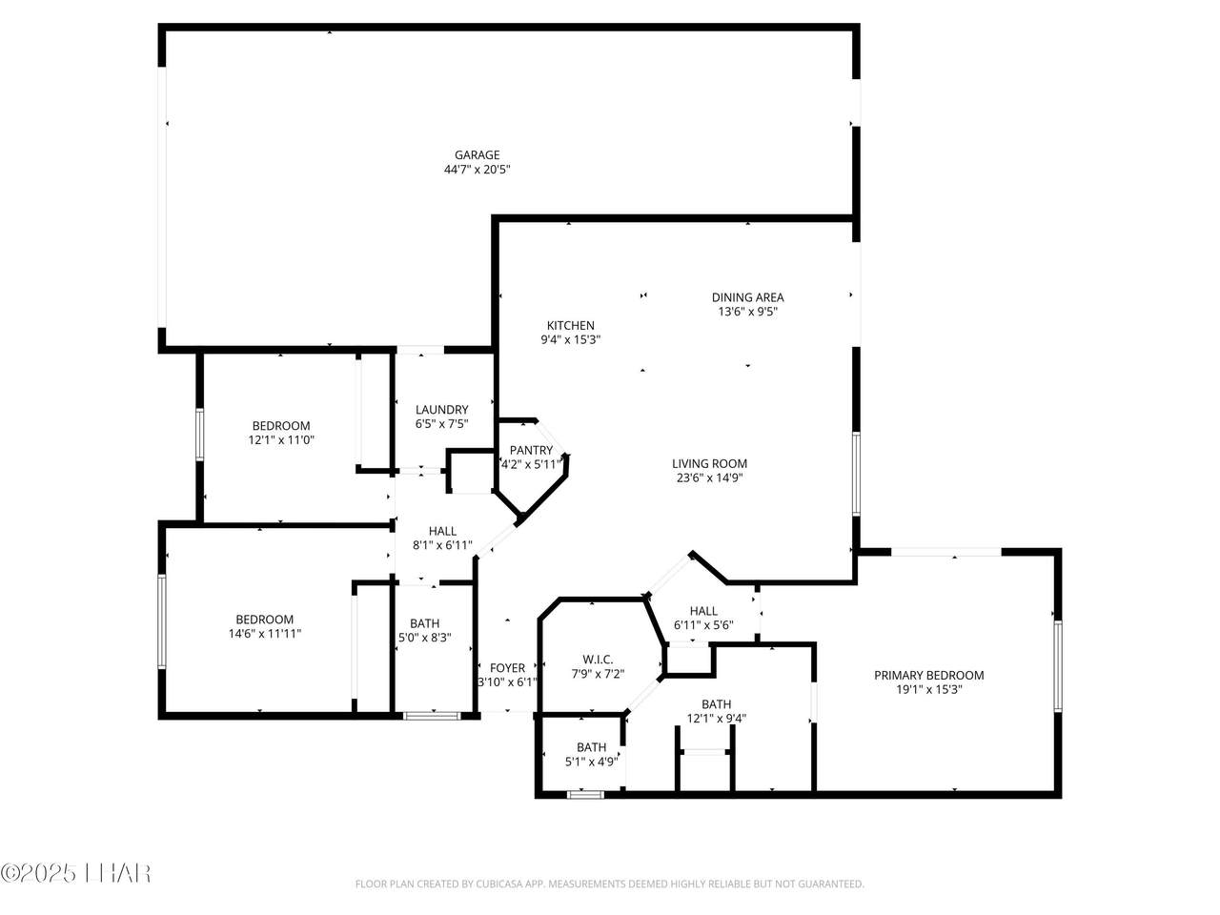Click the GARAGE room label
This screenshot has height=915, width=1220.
coord(477,155)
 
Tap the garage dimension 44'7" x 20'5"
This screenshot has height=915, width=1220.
coord(477,170)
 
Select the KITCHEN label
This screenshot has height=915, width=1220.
coord(570,325)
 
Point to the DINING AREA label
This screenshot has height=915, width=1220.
coord(747,297)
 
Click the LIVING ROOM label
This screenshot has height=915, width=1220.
coord(709,464)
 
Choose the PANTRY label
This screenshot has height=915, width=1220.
coord(531,450)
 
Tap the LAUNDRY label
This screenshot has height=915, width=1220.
coord(441,410)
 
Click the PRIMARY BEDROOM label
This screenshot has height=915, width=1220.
coord(928,675)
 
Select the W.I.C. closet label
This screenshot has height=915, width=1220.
coord(598,660)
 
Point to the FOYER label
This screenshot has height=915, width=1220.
coord(507,668)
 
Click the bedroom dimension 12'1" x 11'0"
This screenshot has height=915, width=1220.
coord(281,440)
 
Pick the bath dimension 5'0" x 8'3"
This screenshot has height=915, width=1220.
coord(424,639)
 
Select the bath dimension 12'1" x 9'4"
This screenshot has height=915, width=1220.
coord(716,719)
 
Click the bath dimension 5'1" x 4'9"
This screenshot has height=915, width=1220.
coord(591,762)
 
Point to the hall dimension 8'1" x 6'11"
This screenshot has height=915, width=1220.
coord(442,545)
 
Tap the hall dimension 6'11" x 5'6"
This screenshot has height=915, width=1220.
coord(703,625)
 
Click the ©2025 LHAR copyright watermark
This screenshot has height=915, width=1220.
coord(75,872)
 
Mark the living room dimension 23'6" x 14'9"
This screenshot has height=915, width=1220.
coord(709,478)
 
